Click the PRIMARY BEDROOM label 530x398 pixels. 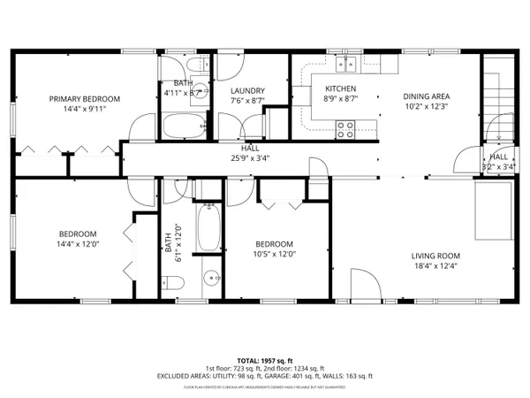tap(84, 99)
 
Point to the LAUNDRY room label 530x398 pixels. tap(246, 90)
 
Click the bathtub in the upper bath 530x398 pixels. tap(182, 126)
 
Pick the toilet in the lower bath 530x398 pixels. tap(174, 283)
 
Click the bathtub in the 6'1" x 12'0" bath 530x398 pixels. tap(208, 228)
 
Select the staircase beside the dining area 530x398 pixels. tap(497, 88)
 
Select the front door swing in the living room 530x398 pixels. tap(365, 285)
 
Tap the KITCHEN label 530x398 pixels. tap(340, 89)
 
